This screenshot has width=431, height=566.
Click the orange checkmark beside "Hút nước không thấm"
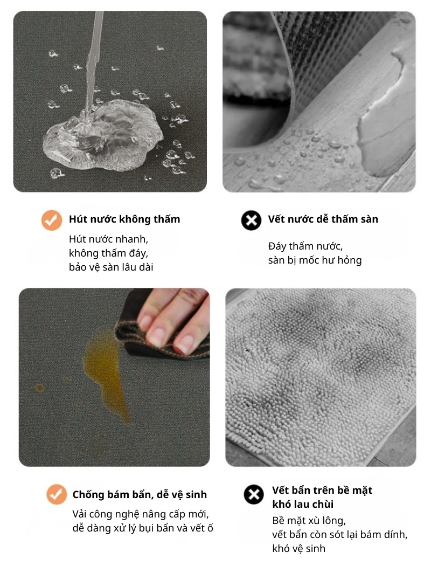click(x=52, y=220)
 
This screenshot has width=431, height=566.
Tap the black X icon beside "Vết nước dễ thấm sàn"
click(x=251, y=220)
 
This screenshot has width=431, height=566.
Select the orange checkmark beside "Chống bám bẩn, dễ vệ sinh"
click(x=57, y=494)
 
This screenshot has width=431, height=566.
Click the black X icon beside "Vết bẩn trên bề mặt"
click(x=254, y=494)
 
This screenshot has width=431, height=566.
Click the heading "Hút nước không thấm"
click(x=124, y=219)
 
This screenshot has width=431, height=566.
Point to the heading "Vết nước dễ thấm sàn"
click(x=323, y=219)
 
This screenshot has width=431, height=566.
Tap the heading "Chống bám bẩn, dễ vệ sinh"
click(x=140, y=494)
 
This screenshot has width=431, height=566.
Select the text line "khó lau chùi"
click(x=303, y=504)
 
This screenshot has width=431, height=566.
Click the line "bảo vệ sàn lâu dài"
click(x=111, y=267)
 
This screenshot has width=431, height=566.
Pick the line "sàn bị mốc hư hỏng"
click(x=315, y=260)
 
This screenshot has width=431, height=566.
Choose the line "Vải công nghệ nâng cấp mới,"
click(x=141, y=514)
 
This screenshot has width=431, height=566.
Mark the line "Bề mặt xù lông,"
click(x=309, y=521)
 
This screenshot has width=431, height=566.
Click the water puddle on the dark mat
click(x=103, y=135)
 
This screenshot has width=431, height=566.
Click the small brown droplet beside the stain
click(x=40, y=388)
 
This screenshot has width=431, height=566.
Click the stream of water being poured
click(x=92, y=61)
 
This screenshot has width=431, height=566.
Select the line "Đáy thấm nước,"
click(x=305, y=246)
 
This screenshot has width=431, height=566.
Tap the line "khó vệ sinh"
click(x=298, y=549)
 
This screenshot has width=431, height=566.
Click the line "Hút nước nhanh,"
click(x=109, y=239)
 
